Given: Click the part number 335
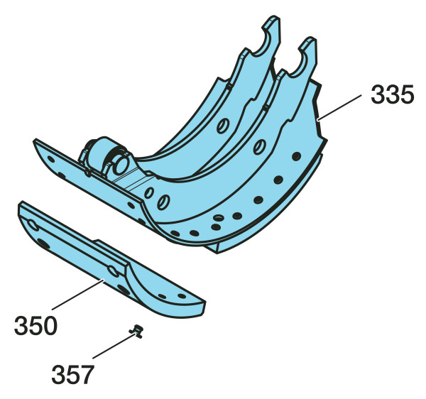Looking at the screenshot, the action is pyautogui.click(x=393, y=94).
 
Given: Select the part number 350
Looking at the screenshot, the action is pyautogui.click(x=35, y=325).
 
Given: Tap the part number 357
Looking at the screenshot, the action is pyautogui.click(x=73, y=375).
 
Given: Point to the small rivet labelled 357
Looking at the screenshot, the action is pyautogui.click(x=136, y=331).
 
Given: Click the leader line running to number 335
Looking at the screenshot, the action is pyautogui.click(x=340, y=107).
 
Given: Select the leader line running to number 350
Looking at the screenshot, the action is pyautogui.click(x=77, y=295).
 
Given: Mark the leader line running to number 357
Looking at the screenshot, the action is pyautogui.click(x=114, y=346).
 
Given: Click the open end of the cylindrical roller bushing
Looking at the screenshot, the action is pyautogui.click(x=121, y=165).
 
